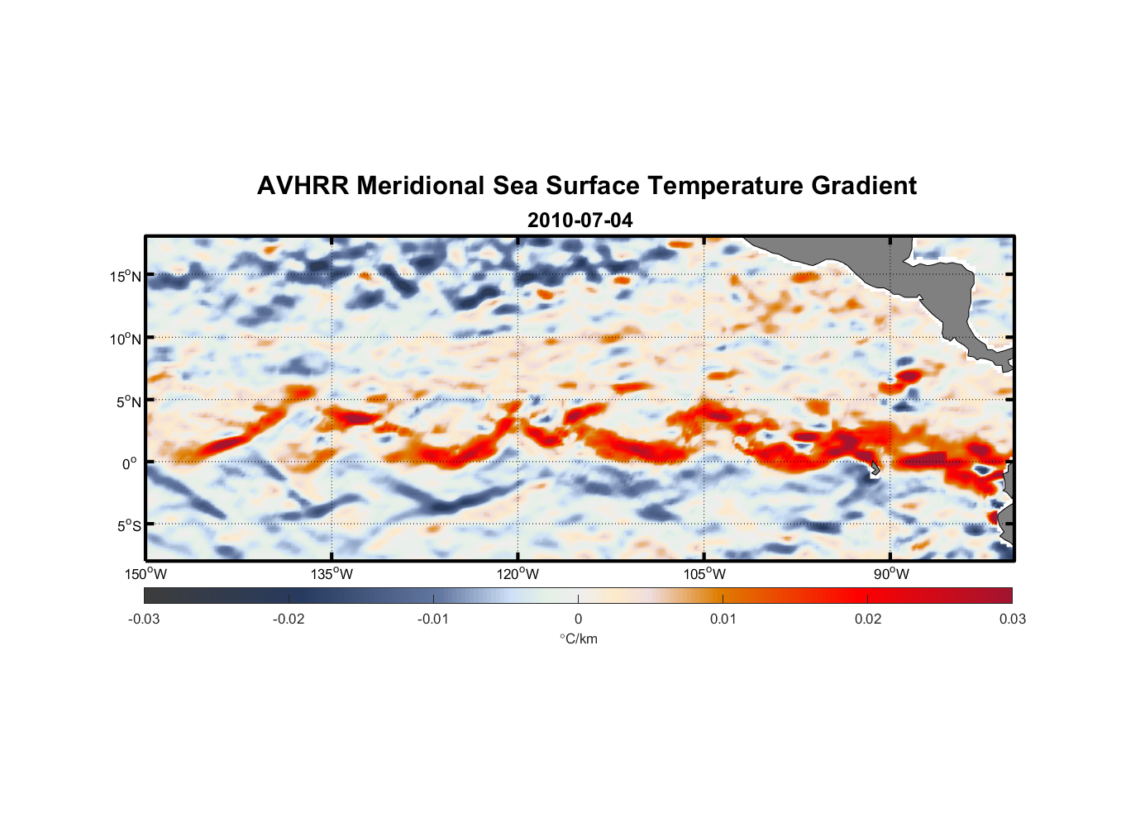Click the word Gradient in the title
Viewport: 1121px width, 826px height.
[x=864, y=186]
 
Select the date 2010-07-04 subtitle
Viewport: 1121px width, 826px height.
[x=580, y=221]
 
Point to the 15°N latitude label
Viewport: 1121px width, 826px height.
[x=126, y=276]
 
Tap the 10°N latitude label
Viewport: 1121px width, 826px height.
[x=126, y=339]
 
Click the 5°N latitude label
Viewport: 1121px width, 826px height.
[x=128, y=401]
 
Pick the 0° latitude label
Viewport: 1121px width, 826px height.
[x=130, y=464]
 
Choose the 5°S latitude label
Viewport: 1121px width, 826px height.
[x=128, y=526]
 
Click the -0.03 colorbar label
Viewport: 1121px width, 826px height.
[x=144, y=619]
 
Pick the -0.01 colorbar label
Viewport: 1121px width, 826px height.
[x=433, y=619]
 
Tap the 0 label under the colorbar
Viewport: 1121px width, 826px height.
[x=578, y=619]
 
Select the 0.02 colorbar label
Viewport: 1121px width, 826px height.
[x=868, y=619]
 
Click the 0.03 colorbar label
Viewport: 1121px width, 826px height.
[x=1012, y=619]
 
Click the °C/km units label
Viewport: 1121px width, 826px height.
[x=579, y=638]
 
